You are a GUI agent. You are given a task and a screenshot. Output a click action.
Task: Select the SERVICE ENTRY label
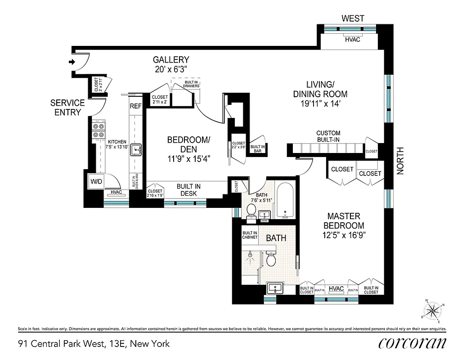coord(67,108)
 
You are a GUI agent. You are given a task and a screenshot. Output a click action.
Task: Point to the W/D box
coord(97,182)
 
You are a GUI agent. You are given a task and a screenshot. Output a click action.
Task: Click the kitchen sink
coord(137,149)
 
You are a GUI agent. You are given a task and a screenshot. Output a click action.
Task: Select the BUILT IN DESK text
coord(188,190)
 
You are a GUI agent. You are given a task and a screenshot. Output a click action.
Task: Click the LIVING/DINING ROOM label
coord(320,89)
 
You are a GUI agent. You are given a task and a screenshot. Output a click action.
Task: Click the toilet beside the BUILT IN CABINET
coord(271,258)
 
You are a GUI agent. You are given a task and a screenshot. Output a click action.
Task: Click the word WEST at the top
coord(353,18)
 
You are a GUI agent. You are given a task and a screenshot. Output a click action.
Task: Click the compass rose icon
coord(433,310)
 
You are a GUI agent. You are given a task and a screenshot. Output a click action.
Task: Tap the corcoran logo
coord(412,343)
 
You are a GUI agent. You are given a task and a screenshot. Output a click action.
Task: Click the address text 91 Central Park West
coord(94,344)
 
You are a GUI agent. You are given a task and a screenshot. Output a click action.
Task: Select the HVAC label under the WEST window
coord(352,40)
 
